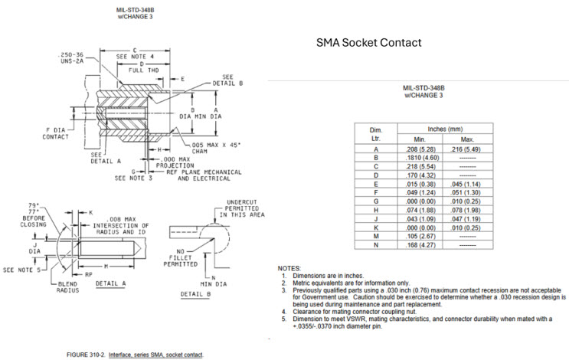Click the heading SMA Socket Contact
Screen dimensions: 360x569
coord(370,43)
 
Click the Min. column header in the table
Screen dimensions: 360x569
coord(420,139)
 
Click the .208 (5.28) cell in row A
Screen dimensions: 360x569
coord(420,149)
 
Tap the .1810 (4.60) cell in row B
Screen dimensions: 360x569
coord(420,157)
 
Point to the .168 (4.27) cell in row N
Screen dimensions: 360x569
coord(420,245)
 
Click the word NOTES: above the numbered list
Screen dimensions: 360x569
coord(289,267)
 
